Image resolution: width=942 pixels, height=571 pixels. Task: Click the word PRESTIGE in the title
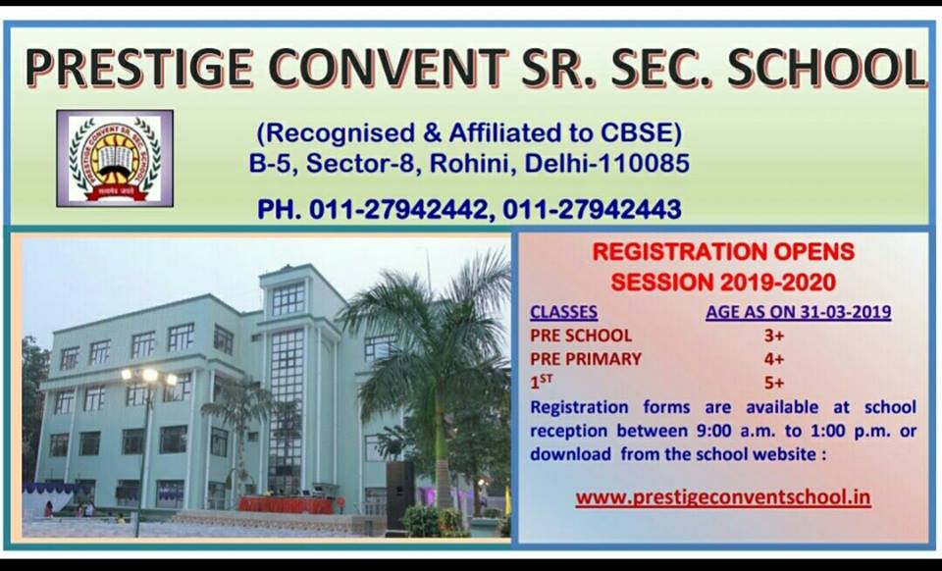click(139, 67)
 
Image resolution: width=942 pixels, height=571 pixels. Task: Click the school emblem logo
click(115, 159)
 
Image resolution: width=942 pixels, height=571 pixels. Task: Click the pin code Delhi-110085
click(606, 163)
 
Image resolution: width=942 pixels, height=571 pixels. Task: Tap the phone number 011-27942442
click(398, 210)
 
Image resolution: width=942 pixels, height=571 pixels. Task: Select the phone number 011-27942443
click(592, 210)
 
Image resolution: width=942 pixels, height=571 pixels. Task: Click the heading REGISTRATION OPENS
click(723, 251)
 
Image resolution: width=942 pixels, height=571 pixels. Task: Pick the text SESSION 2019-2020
click(723, 282)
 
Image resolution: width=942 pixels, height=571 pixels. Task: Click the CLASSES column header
click(563, 312)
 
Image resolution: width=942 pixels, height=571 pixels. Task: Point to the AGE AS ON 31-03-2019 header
click(799, 312)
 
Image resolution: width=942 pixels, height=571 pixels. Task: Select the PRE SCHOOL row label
click(581, 335)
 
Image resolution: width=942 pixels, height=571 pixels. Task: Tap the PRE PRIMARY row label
click(586, 359)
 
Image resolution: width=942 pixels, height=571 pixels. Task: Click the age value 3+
click(774, 335)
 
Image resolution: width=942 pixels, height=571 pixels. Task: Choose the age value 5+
click(774, 383)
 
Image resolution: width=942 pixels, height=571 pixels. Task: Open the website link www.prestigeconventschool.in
click(723, 497)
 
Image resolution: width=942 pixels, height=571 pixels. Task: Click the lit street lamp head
click(149, 377)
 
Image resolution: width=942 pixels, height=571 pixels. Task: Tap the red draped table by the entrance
click(286, 504)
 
